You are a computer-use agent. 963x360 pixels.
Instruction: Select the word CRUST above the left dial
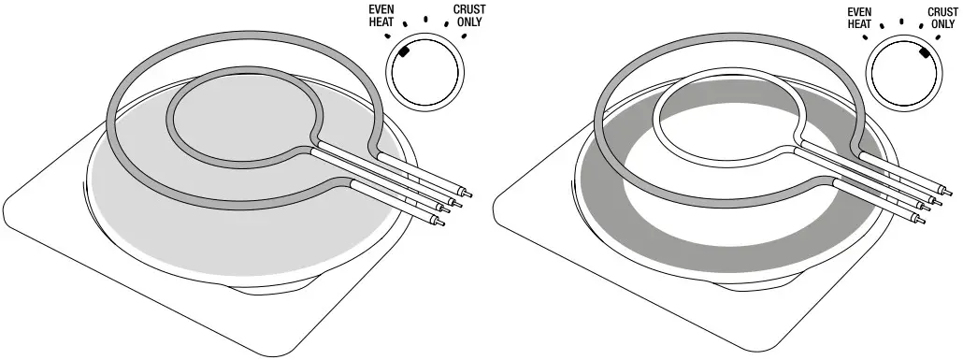click(x=470, y=10)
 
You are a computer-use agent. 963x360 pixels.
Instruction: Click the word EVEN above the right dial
click(x=859, y=10)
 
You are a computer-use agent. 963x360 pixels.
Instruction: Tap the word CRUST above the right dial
click(x=942, y=10)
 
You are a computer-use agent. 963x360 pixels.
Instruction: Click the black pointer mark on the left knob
click(x=405, y=54)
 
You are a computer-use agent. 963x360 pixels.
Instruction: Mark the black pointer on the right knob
click(x=924, y=54)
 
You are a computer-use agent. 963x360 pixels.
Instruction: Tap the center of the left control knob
click(x=425, y=78)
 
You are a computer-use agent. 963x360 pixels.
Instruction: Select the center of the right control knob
click(x=903, y=78)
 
